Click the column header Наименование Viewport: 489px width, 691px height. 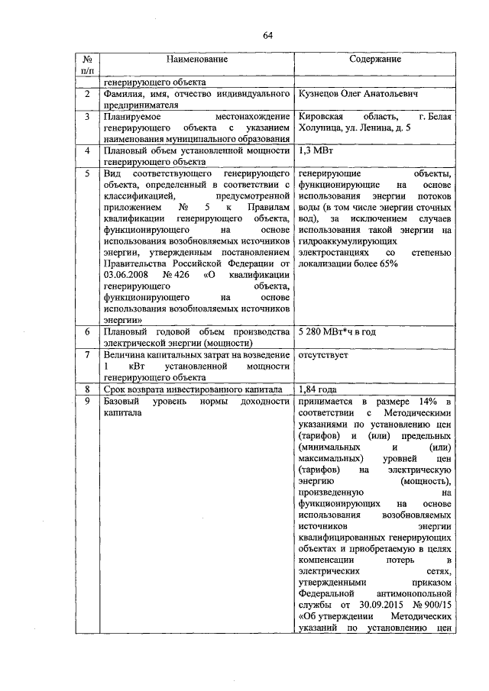tap(193, 59)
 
